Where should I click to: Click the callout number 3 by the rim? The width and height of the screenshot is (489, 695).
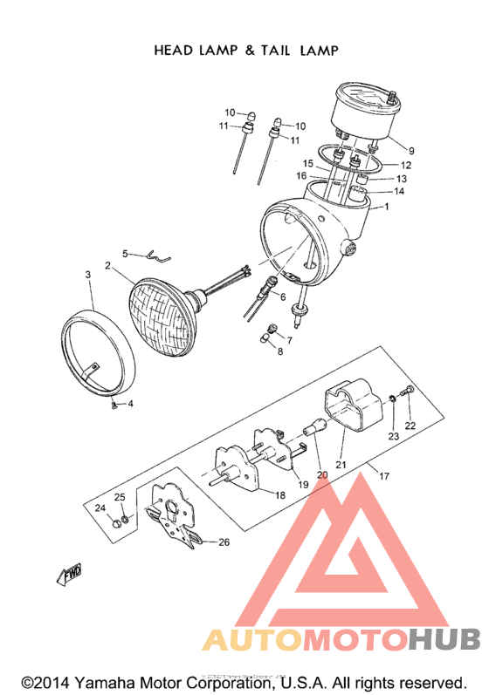click(x=88, y=276)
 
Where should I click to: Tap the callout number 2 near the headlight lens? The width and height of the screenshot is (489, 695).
click(x=107, y=265)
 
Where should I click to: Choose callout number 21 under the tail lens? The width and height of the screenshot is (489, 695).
click(x=341, y=465)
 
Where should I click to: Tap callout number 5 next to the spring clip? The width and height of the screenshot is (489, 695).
click(x=125, y=254)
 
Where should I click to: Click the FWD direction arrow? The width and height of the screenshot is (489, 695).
click(x=69, y=574)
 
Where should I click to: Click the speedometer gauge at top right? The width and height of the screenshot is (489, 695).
click(x=367, y=109)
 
